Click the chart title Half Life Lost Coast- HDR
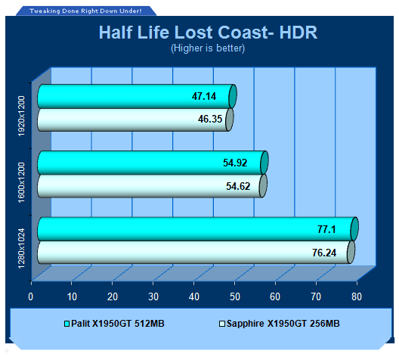tap(208, 33)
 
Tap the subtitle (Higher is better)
tap(208, 48)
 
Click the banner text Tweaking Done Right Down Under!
tap(85, 11)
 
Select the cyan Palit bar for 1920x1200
tap(138, 97)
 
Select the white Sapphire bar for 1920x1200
tap(135, 119)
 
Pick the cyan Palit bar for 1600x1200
tap(153, 163)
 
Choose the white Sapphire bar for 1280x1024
tap(196, 253)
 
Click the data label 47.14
tap(204, 97)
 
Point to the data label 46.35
tap(210, 119)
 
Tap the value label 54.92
tap(235, 163)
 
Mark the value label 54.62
tap(238, 186)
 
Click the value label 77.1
tap(326, 229)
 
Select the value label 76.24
tap(324, 253)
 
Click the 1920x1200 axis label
tap(22, 116)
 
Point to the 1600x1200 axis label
tap(22, 182)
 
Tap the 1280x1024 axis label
tap(22, 248)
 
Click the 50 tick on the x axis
tap(234, 296)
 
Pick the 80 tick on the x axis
tap(357, 296)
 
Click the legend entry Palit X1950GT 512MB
tap(114, 324)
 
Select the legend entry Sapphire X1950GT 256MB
tap(280, 324)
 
